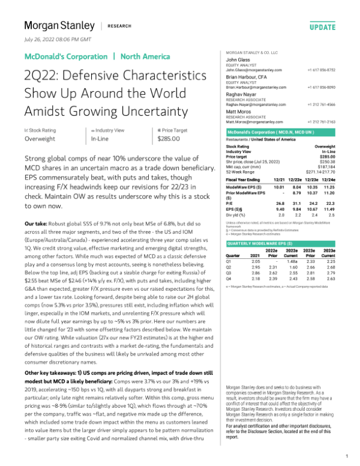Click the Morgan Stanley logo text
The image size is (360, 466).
click(59, 25)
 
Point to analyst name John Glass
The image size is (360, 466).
click(238, 61)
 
